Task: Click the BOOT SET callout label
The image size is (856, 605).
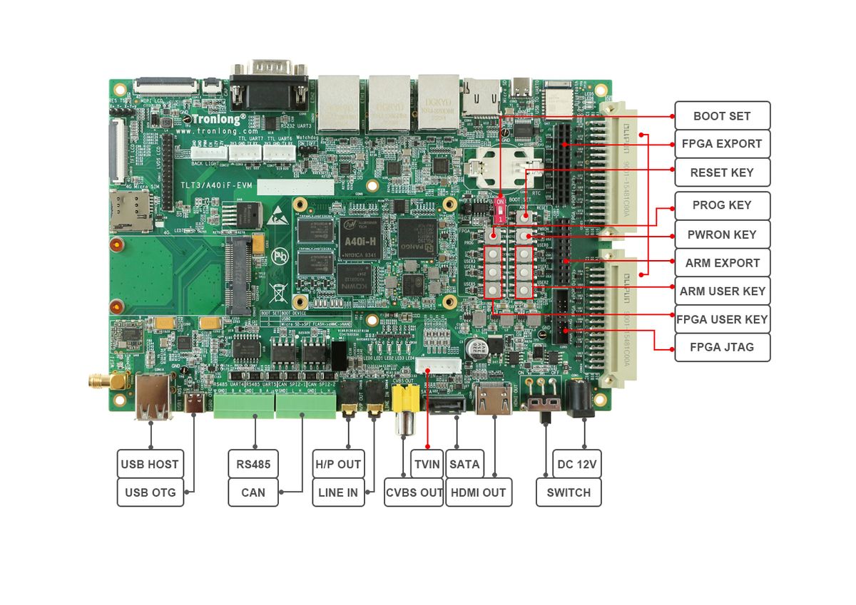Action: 722,115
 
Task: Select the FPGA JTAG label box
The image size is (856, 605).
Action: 722,348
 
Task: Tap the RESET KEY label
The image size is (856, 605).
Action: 722,172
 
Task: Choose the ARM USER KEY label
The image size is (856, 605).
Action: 722,291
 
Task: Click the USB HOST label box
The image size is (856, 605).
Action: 150,464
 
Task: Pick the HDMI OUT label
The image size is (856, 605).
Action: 479,492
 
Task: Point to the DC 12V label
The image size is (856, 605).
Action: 577,464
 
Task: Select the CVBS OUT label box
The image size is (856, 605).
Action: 414,492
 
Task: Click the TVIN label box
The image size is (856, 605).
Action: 427,464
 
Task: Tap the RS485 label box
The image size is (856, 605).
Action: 253,464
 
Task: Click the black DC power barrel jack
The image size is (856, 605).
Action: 578,398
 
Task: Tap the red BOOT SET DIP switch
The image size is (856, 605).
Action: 500,210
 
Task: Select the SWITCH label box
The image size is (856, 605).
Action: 569,492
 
